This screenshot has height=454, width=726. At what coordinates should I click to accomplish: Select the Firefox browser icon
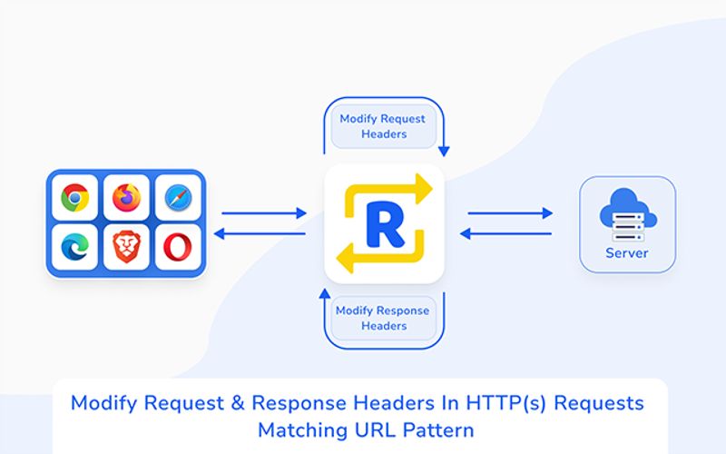tap(126, 197)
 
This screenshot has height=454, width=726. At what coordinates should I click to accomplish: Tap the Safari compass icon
tap(178, 197)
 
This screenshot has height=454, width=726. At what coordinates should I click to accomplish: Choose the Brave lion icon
tap(126, 247)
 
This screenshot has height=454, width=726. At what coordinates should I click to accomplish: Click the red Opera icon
tap(178, 247)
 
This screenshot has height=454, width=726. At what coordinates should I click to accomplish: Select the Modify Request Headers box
tap(382, 126)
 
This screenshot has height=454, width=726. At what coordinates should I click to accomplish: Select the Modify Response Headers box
tap(384, 318)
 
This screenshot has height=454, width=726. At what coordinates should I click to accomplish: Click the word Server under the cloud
tap(627, 253)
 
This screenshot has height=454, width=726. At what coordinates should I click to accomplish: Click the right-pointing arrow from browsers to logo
tap(264, 213)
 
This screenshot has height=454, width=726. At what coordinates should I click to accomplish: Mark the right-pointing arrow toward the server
tap(510, 213)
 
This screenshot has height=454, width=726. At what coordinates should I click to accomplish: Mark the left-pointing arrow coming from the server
tap(510, 233)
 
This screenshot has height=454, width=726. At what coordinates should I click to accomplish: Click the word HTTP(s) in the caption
tap(500, 402)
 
